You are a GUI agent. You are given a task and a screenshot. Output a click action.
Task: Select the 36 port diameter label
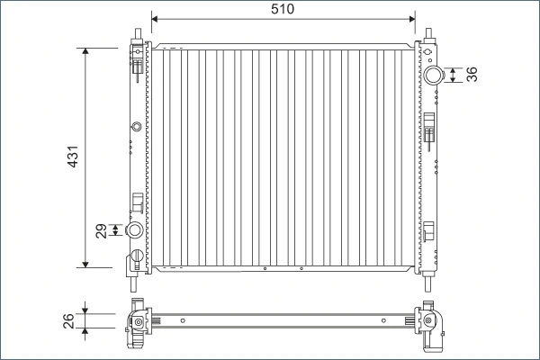click(472, 75)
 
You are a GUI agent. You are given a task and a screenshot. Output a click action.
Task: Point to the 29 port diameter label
click(102, 231)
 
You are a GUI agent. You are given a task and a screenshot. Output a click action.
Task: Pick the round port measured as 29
click(136, 231)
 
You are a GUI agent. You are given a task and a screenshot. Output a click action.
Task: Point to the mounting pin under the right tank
click(431, 273)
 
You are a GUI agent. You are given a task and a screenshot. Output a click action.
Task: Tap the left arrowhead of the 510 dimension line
click(155, 17)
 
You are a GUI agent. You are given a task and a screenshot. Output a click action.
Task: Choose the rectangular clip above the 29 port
click(137, 202)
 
